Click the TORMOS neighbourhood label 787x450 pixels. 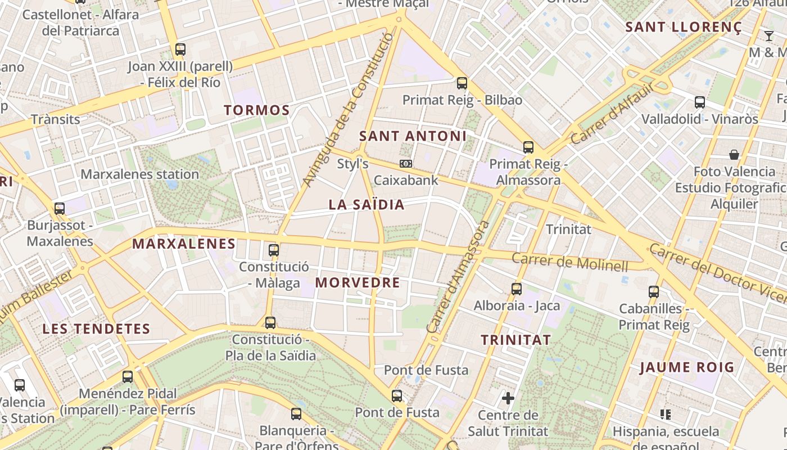[x=257, y=110]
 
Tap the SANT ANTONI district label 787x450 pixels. [x=413, y=136]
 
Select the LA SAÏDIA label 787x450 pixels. [x=367, y=205]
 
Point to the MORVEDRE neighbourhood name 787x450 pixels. [x=358, y=282]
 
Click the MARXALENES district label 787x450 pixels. [x=184, y=244]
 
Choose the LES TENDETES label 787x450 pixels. [x=96, y=329]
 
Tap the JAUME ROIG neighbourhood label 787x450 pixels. [x=687, y=367]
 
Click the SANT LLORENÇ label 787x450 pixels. [x=684, y=27]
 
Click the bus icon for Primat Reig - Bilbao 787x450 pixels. [x=462, y=83]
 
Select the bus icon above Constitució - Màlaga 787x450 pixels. [x=274, y=250]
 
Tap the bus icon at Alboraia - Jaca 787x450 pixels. [x=517, y=289]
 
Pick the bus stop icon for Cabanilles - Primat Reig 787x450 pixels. [x=654, y=292]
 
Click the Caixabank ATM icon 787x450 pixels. [x=405, y=164]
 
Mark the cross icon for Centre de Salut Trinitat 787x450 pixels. [x=508, y=399]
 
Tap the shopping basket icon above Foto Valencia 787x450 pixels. [x=734, y=155]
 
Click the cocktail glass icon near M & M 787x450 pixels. [x=769, y=36]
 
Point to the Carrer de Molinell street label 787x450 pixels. [x=570, y=262]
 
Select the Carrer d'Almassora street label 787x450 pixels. [x=458, y=277]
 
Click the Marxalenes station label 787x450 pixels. [x=139, y=174]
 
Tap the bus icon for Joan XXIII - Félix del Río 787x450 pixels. [x=180, y=49]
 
